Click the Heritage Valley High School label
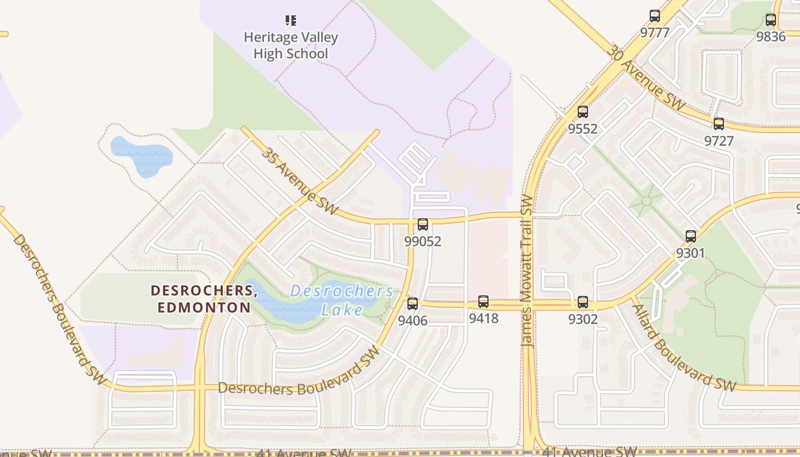tap(291, 46)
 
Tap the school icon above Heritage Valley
tap(291, 21)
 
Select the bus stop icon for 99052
tap(423, 225)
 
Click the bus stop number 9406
tap(413, 320)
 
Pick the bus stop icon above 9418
tap(483, 302)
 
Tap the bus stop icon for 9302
tap(583, 302)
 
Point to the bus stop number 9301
tap(691, 253)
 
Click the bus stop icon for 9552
tap(583, 112)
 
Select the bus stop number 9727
tap(719, 141)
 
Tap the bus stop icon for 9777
tap(655, 16)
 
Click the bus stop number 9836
tap(771, 37)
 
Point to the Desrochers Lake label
tap(342, 300)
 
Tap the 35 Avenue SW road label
tap(300, 181)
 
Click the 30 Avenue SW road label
tap(646, 78)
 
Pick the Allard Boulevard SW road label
tap(683, 348)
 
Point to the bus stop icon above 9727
tap(719, 124)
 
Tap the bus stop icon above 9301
tap(691, 236)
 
